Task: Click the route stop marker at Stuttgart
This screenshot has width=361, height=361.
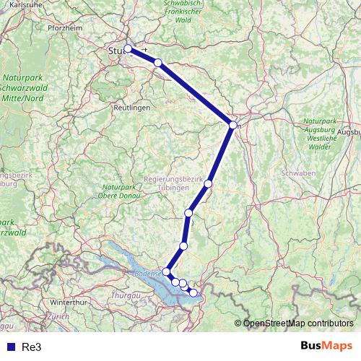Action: tap(128, 49)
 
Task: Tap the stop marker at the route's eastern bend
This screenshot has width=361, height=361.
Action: tap(232, 125)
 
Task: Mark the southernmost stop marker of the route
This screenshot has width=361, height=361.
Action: tap(193, 292)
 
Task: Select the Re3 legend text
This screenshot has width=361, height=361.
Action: tap(31, 347)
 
